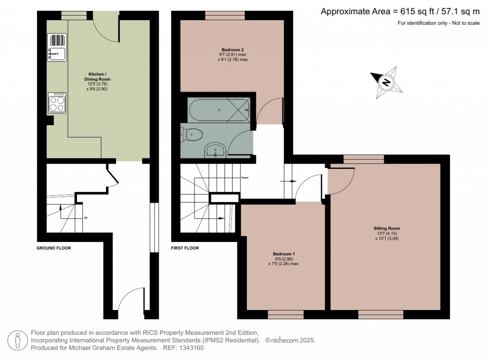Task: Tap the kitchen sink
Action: (57, 53)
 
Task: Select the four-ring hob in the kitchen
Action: (57, 102)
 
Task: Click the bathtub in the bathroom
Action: (219, 110)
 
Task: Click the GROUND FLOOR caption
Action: (54, 248)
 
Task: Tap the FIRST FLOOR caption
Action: (185, 248)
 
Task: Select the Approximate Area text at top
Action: (399, 12)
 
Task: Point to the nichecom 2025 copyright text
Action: (290, 341)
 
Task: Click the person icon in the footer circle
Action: (18, 340)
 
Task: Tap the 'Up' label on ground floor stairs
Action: (86, 218)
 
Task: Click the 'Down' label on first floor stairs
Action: (244, 177)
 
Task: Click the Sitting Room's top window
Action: (363, 158)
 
